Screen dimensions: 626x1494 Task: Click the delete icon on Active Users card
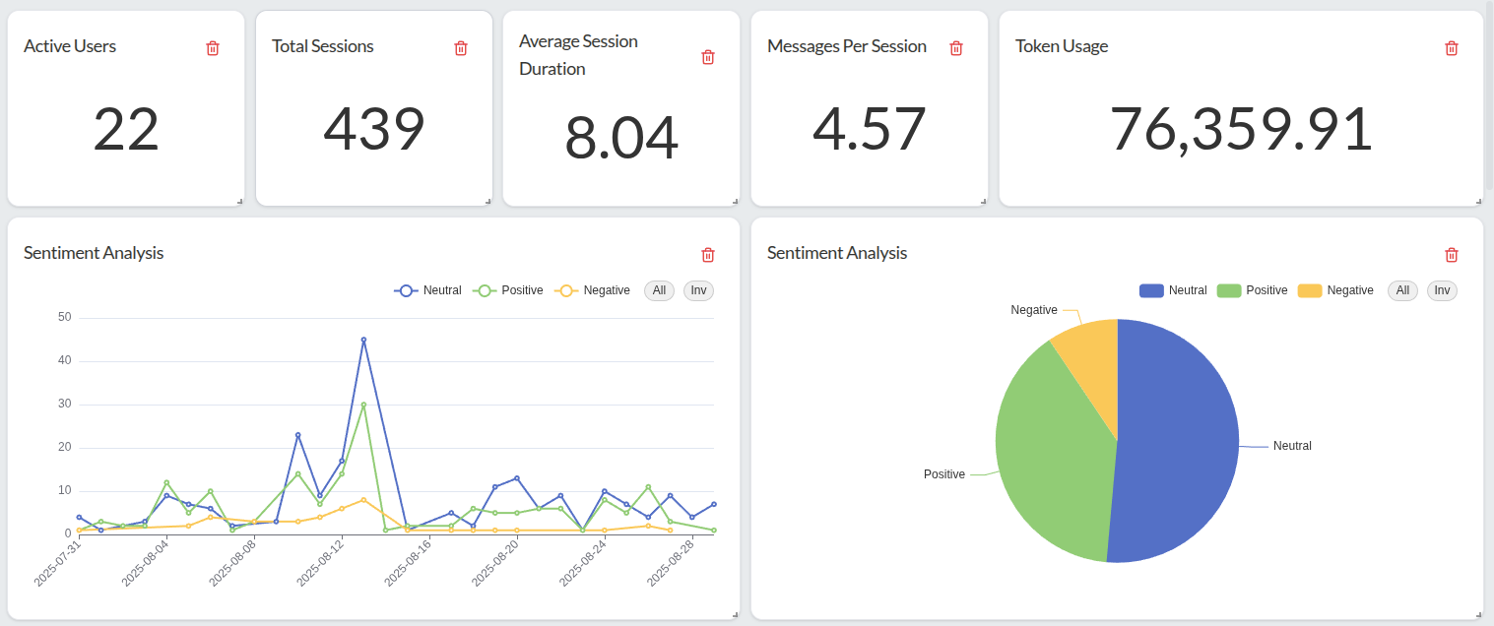coord(213,48)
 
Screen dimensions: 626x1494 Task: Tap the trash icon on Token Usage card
coord(1451,48)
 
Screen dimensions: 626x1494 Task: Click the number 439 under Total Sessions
coord(374,129)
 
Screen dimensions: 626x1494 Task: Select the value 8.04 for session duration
coord(621,138)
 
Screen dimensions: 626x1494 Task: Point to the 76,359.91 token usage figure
coord(1241,129)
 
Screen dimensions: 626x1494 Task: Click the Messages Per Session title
coord(846,46)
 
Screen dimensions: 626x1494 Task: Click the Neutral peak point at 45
coord(363,340)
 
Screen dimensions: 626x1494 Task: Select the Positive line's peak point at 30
coord(363,405)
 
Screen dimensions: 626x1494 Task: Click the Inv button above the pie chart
coord(1442,290)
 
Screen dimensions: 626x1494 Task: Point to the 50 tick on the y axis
coord(65,317)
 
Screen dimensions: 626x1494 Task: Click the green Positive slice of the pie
coord(1049,453)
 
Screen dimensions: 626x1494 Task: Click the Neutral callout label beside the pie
coord(1292,446)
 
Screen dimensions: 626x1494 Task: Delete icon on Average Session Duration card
coord(707,57)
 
